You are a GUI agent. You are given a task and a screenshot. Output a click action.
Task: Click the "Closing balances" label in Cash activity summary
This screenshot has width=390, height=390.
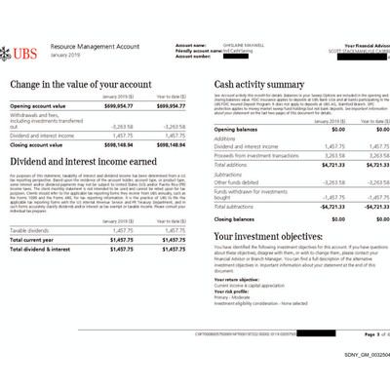238,219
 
